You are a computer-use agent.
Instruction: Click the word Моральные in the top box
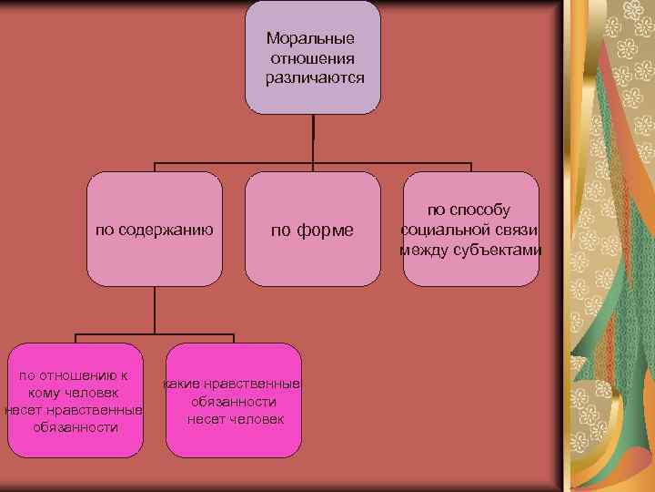click(x=311, y=40)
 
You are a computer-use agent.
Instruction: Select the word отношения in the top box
click(x=313, y=59)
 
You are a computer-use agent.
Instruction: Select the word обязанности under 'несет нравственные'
click(x=75, y=426)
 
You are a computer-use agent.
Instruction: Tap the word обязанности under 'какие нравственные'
click(x=234, y=401)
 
